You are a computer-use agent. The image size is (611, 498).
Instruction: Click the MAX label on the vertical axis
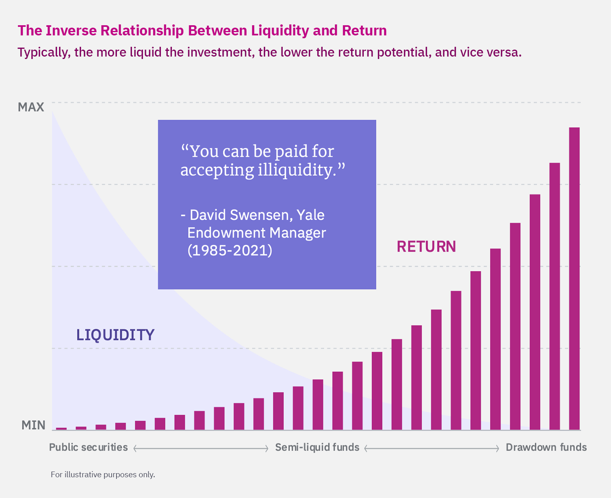pyautogui.click(x=31, y=107)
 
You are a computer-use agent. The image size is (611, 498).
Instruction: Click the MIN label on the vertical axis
pyautogui.click(x=33, y=425)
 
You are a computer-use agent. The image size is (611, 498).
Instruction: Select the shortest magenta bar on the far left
pyautogui.click(x=62, y=428)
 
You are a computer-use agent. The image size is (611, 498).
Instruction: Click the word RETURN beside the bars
pyautogui.click(x=426, y=247)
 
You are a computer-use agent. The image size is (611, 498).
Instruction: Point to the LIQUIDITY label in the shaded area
pyautogui.click(x=115, y=335)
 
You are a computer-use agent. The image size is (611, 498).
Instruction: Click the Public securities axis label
pyautogui.click(x=88, y=448)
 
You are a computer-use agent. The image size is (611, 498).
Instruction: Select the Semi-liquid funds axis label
pyautogui.click(x=317, y=448)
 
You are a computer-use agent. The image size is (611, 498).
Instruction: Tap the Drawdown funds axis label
pyautogui.click(x=546, y=448)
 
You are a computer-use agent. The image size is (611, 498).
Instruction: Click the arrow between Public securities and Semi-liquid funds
pyautogui.click(x=201, y=448)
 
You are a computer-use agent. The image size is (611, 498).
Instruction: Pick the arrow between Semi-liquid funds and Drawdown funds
pyautogui.click(x=432, y=448)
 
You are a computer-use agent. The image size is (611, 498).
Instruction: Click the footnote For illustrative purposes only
pyautogui.click(x=103, y=474)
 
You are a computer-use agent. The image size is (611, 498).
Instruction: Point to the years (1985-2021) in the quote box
pyautogui.click(x=230, y=250)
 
